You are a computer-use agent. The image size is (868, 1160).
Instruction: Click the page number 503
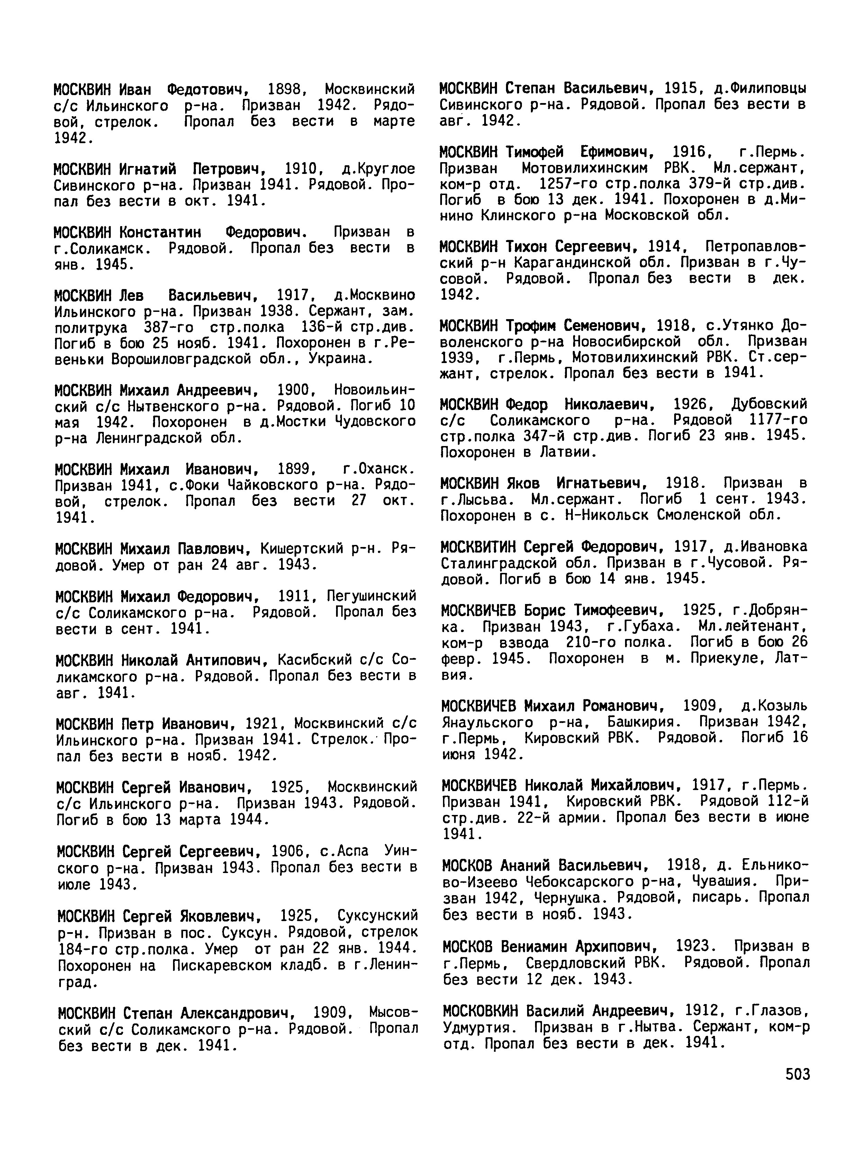click(797, 1074)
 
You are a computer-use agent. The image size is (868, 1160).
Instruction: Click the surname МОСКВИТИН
click(479, 547)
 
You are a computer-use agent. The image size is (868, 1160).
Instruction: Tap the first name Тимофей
click(535, 152)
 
